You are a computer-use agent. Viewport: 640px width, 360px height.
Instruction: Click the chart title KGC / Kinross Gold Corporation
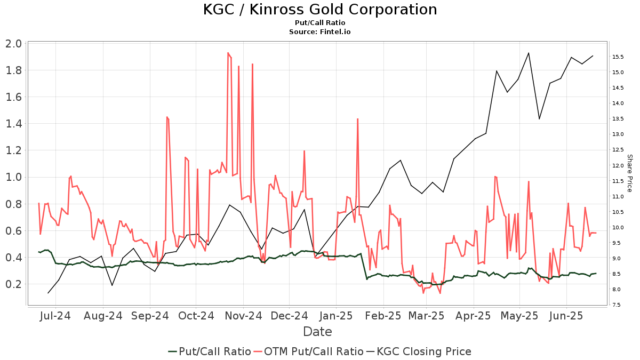tap(319, 10)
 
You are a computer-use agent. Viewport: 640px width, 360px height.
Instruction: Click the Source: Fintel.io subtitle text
tap(319, 31)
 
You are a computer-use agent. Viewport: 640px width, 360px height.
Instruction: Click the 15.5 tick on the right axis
tap(618, 57)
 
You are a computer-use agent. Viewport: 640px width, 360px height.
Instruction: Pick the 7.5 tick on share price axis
tap(617, 305)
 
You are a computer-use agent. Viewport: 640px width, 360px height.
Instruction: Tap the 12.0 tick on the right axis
tap(618, 165)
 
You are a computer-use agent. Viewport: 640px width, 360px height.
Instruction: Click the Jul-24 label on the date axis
tap(55, 316)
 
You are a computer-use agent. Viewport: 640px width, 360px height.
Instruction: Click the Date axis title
tap(317, 332)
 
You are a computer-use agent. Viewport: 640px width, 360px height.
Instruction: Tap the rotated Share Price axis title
tap(629, 173)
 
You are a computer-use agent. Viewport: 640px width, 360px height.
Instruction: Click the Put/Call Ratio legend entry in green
tap(210, 351)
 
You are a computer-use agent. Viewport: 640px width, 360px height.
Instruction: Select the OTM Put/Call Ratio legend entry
tap(308, 351)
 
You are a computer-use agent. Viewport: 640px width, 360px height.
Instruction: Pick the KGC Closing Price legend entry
tap(419, 351)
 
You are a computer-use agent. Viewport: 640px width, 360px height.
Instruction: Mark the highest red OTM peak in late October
tap(228, 53)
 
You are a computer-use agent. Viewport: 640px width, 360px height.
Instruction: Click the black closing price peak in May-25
tap(529, 53)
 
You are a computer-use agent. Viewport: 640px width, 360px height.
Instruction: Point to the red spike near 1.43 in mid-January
tap(357, 119)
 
